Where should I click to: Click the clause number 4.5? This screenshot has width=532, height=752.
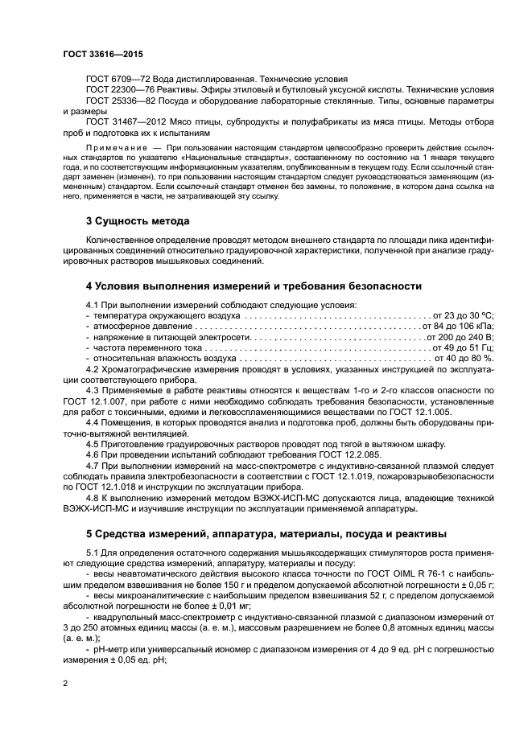click(x=93, y=444)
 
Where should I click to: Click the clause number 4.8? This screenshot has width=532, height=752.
click(x=93, y=497)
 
